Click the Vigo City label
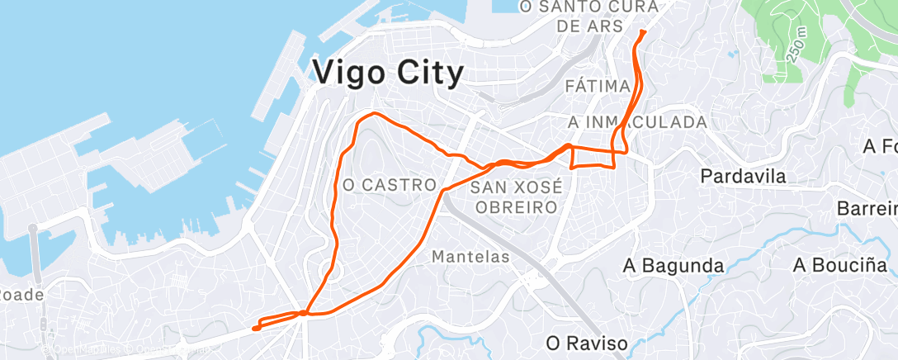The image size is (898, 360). [x=389, y=74]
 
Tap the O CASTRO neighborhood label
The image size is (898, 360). [x=389, y=185]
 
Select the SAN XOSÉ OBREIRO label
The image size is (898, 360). [x=515, y=197]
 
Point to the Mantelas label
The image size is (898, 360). [x=470, y=258]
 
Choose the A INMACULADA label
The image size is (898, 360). [x=638, y=122]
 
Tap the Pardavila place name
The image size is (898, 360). [x=743, y=176]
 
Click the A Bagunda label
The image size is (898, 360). [x=673, y=266]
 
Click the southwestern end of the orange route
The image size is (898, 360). [x=255, y=328]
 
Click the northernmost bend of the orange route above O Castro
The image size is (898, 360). [x=373, y=113]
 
